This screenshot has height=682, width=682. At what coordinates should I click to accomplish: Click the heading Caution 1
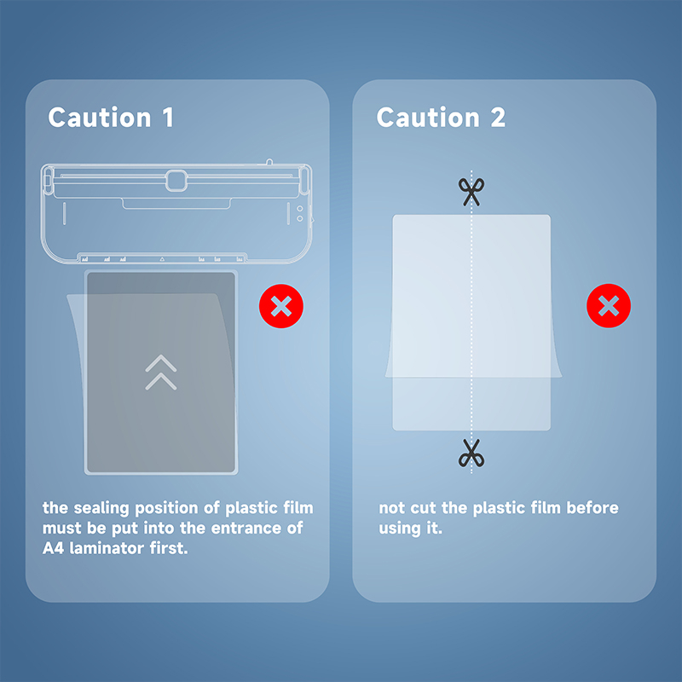click(111, 118)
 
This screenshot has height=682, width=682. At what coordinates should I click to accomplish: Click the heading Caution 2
click(441, 118)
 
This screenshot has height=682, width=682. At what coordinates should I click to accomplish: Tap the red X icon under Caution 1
click(281, 306)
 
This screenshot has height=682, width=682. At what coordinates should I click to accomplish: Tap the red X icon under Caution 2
click(609, 306)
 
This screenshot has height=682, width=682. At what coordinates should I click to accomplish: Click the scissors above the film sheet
click(471, 191)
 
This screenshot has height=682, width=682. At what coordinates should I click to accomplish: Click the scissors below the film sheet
click(471, 454)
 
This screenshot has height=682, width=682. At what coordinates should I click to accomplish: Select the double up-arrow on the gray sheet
click(161, 373)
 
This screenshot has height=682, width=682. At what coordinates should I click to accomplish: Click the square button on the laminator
click(176, 181)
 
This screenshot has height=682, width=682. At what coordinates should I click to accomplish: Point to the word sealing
click(101, 508)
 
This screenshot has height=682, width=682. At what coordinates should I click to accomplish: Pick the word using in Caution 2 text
click(400, 529)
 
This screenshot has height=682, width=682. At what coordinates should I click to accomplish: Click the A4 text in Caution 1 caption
click(53, 548)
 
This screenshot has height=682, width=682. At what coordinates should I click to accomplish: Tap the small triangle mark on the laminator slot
click(162, 259)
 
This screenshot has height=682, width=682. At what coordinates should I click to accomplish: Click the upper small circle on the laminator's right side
click(300, 209)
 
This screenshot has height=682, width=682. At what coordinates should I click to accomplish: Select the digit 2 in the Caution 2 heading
click(498, 118)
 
